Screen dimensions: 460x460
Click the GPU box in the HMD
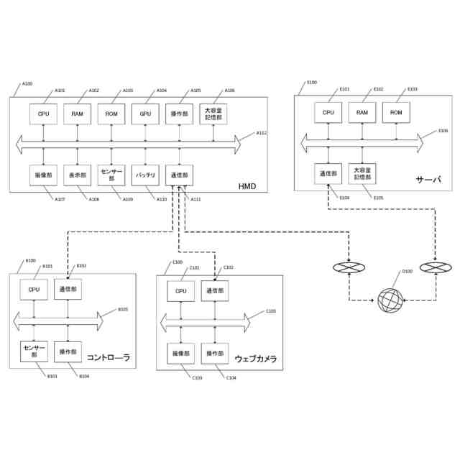point(144,113)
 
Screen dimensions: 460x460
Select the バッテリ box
point(144,175)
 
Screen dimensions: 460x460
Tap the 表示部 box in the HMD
point(77,175)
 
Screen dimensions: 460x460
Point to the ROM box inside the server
point(396,112)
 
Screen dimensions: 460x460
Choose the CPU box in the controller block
point(34,288)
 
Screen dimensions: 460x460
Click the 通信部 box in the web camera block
point(215,290)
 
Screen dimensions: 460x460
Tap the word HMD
point(247,186)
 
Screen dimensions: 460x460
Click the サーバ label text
point(427,178)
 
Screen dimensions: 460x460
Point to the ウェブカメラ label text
point(256,359)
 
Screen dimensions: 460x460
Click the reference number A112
point(261,133)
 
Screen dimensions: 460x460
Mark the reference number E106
point(443,131)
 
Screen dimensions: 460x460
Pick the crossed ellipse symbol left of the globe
point(349,268)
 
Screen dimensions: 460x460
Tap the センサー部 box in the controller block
point(34,351)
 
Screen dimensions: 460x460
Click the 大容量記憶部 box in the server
point(362,174)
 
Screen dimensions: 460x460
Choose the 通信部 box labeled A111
point(179,175)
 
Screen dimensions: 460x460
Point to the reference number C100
point(177,262)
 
